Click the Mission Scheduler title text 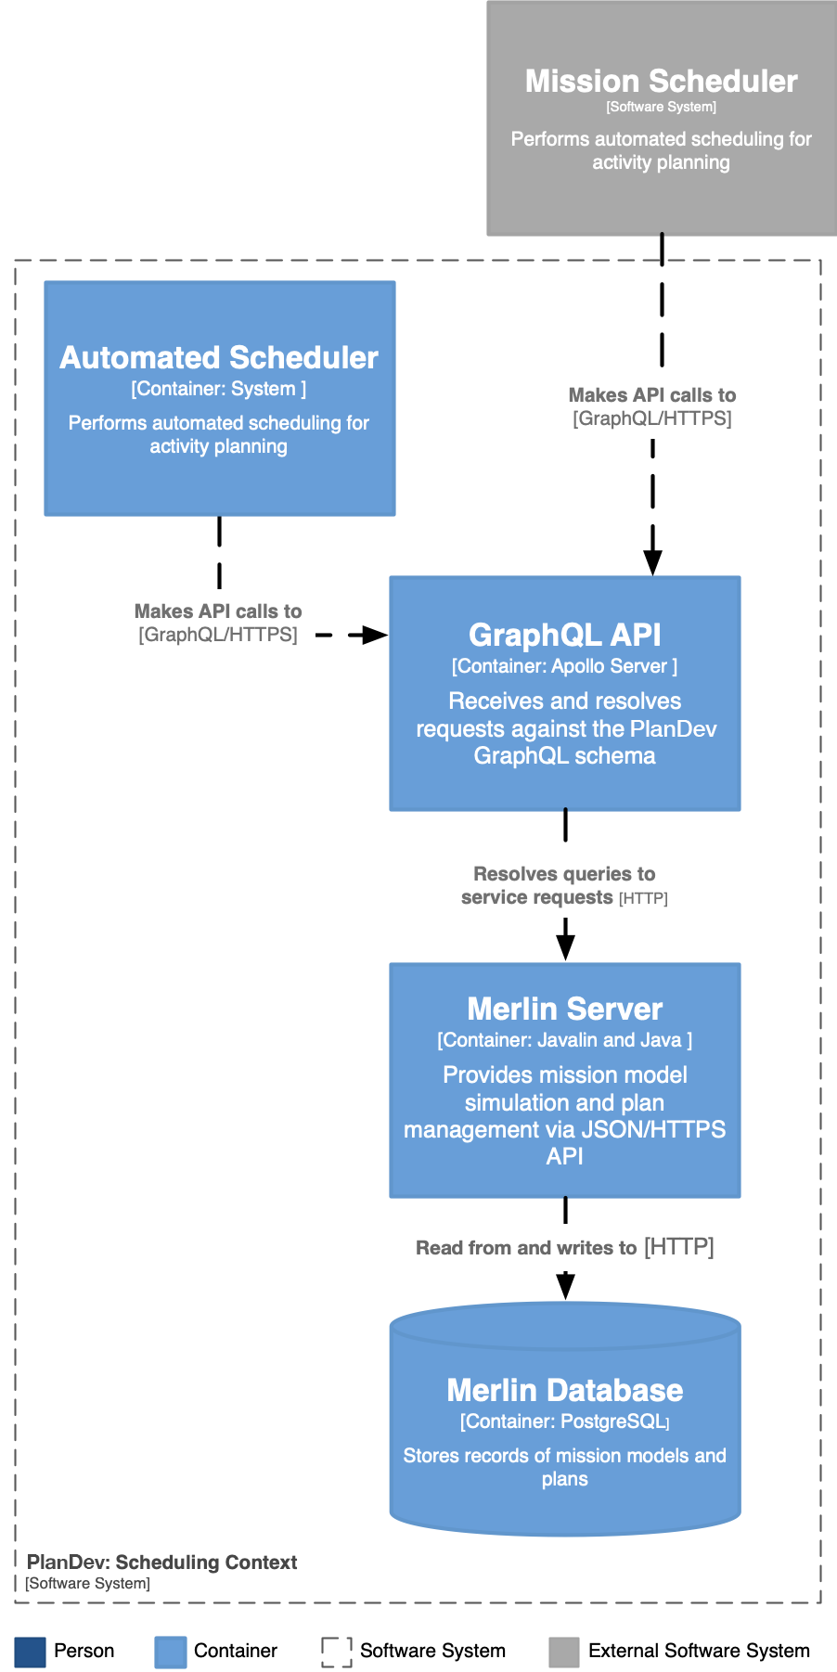[661, 82]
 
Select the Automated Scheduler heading [219, 358]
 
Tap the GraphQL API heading [564, 635]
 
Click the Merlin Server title [564, 1009]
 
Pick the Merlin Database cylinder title [564, 1390]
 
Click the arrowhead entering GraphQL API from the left [375, 635]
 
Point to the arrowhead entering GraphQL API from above [652, 562]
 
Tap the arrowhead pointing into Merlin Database [565, 1287]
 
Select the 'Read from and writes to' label [526, 1248]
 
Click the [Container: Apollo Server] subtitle [564, 666]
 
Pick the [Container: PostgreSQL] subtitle [564, 1421]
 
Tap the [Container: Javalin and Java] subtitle [564, 1040]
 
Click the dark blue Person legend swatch [30, 1652]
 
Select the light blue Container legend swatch [170, 1652]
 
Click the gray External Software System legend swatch [563, 1652]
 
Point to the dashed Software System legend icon [336, 1652]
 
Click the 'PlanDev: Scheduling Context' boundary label [161, 1563]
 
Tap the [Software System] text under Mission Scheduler [661, 107]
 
